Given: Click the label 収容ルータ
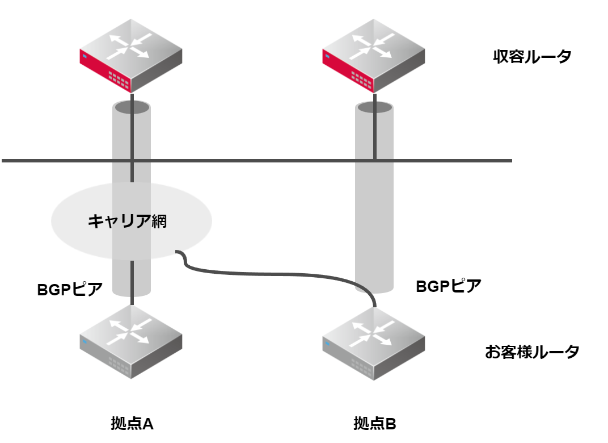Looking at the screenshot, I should [531, 57].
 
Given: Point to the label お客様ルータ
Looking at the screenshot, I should [531, 352].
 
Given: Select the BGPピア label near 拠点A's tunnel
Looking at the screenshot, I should [70, 289].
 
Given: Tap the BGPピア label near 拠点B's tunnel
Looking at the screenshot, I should [448, 286].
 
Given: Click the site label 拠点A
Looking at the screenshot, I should [132, 424].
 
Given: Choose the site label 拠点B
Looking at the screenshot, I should [374, 424].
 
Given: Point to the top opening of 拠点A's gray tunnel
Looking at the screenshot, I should [132, 106].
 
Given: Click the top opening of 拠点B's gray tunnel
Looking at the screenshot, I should [374, 107].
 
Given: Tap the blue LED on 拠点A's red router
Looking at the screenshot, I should [83, 56].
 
